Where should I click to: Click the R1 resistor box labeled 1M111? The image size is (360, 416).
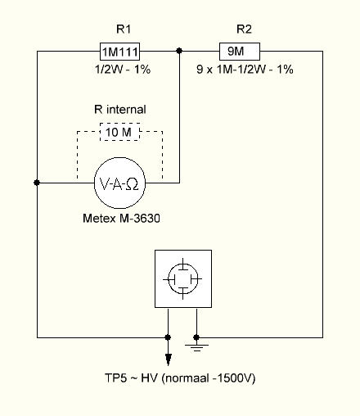(120, 52)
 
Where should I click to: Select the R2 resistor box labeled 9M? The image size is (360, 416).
(240, 52)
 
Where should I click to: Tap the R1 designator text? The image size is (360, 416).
(124, 29)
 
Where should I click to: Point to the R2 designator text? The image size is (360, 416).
(244, 29)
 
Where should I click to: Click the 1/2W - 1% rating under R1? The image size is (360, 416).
(123, 70)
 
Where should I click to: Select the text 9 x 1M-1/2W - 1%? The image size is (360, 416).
(245, 70)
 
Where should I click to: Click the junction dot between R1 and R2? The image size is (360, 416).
(179, 51)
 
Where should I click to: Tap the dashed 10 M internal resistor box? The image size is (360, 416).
(120, 132)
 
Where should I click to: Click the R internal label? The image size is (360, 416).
(120, 110)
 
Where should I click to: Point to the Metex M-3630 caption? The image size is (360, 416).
(121, 218)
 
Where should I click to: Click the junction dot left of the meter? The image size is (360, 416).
(37, 183)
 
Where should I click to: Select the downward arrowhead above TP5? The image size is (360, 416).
(169, 359)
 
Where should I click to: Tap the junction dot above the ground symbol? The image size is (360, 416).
(196, 337)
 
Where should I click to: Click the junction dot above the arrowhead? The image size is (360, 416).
(168, 337)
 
